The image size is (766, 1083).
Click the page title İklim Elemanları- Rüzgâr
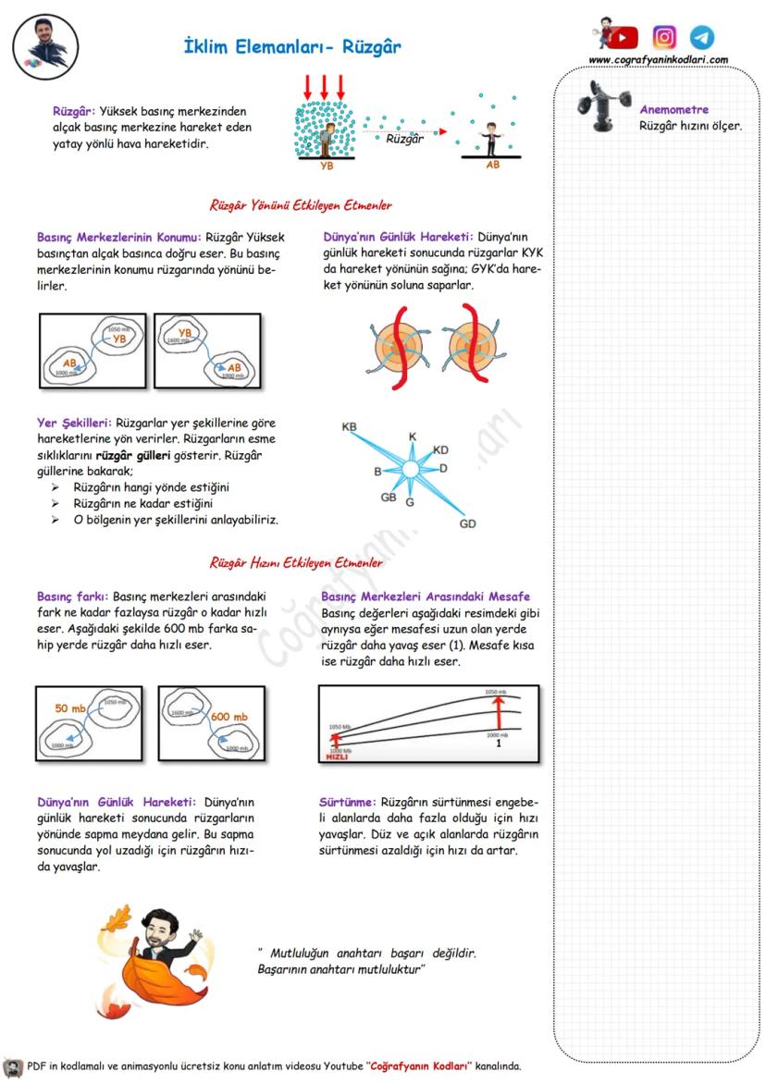(292, 47)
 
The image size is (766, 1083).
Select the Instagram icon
(664, 37)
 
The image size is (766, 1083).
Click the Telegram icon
(702, 37)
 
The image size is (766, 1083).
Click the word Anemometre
(673, 110)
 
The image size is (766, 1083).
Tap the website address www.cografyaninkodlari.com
(658, 60)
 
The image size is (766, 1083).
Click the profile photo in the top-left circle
(45, 45)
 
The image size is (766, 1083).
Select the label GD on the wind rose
(467, 524)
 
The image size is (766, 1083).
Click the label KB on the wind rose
(349, 427)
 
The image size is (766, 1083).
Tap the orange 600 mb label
(229, 717)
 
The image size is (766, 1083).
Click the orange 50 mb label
(70, 708)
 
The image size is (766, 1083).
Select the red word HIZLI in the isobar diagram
(336, 757)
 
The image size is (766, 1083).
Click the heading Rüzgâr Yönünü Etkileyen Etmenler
(301, 205)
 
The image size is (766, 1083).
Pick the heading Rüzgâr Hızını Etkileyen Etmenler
(296, 562)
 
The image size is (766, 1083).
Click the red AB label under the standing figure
(492, 166)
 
